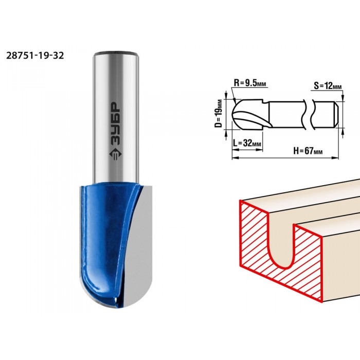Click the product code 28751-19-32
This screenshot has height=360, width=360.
(35, 56)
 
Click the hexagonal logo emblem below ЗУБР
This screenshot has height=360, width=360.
(116, 155)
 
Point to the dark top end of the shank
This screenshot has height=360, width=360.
(117, 53)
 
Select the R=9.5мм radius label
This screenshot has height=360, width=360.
(250, 83)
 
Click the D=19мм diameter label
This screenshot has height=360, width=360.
(219, 113)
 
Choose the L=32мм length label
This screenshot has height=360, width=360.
(247, 143)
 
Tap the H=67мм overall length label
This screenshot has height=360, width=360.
(308, 151)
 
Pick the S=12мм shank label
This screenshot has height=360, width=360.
(328, 86)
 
